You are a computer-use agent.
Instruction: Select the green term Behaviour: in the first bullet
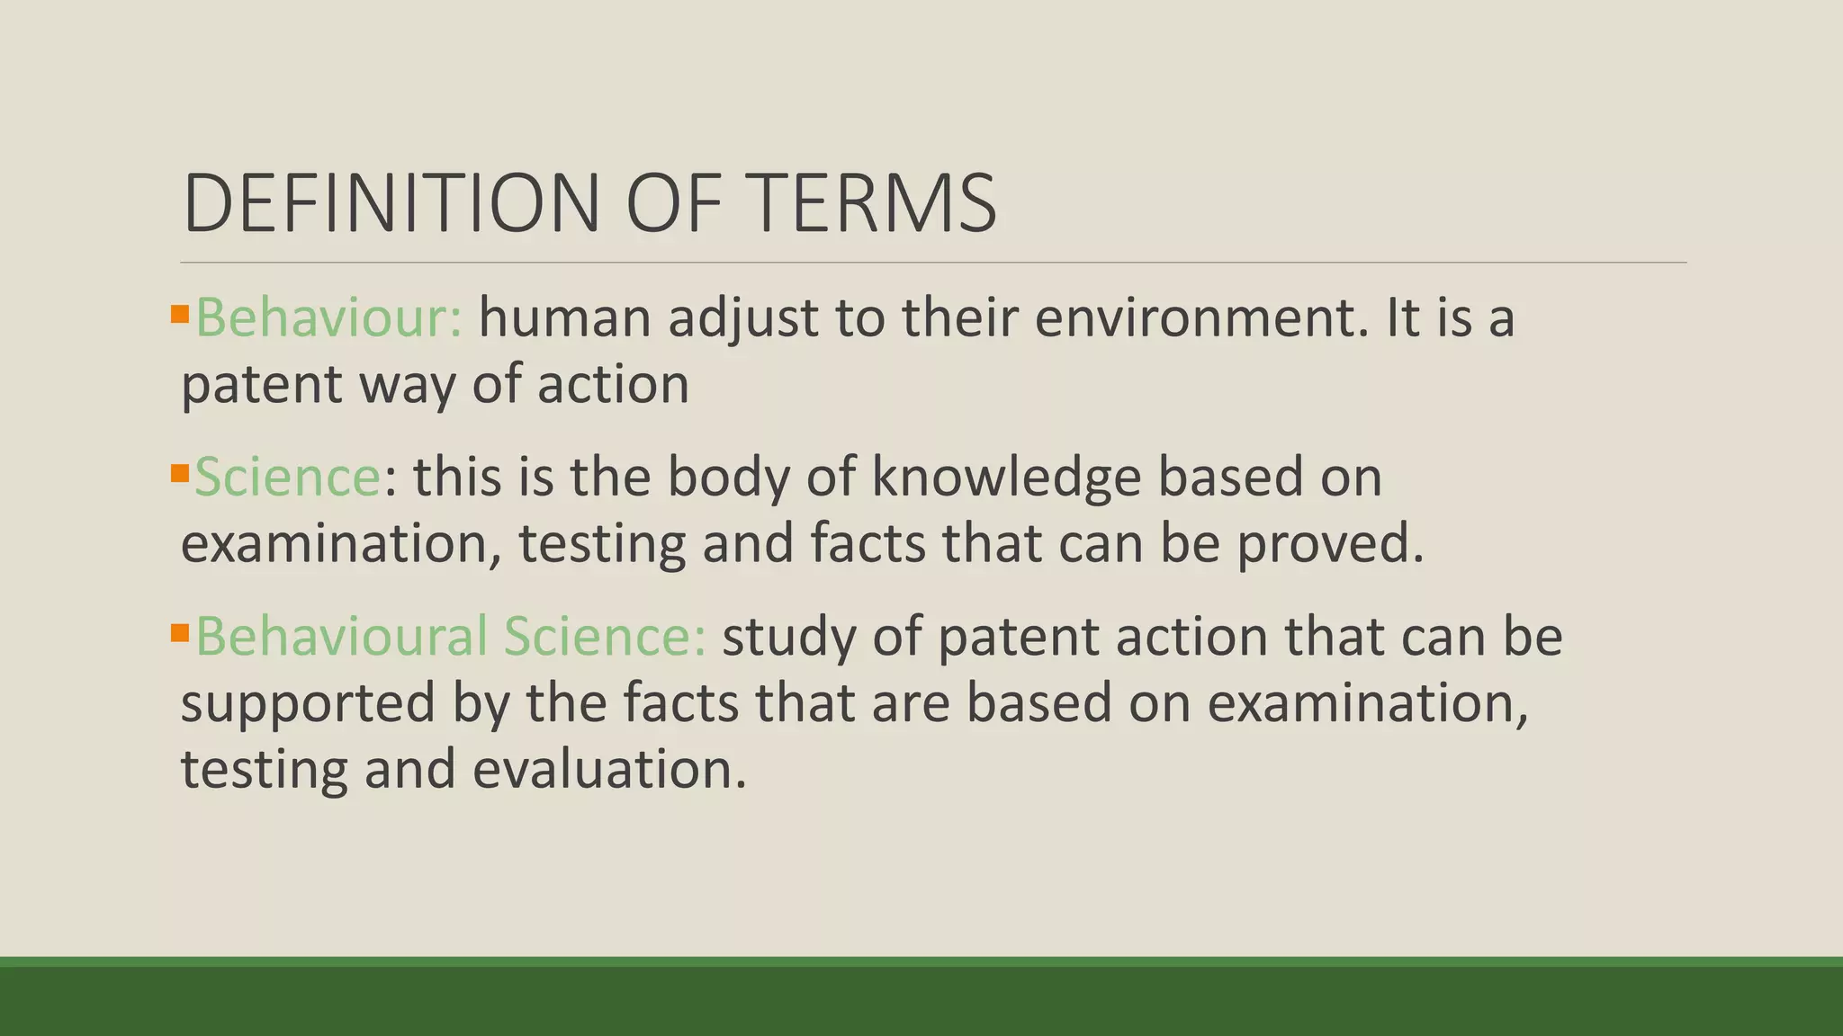click(328, 318)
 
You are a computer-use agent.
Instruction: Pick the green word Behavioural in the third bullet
click(342, 636)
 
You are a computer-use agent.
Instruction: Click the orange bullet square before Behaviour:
click(179, 314)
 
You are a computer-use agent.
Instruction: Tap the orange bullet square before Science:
click(179, 472)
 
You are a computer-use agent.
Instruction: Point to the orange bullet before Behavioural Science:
click(179, 632)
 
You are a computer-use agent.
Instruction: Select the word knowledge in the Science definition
click(1006, 477)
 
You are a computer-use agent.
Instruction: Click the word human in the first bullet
click(564, 318)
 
